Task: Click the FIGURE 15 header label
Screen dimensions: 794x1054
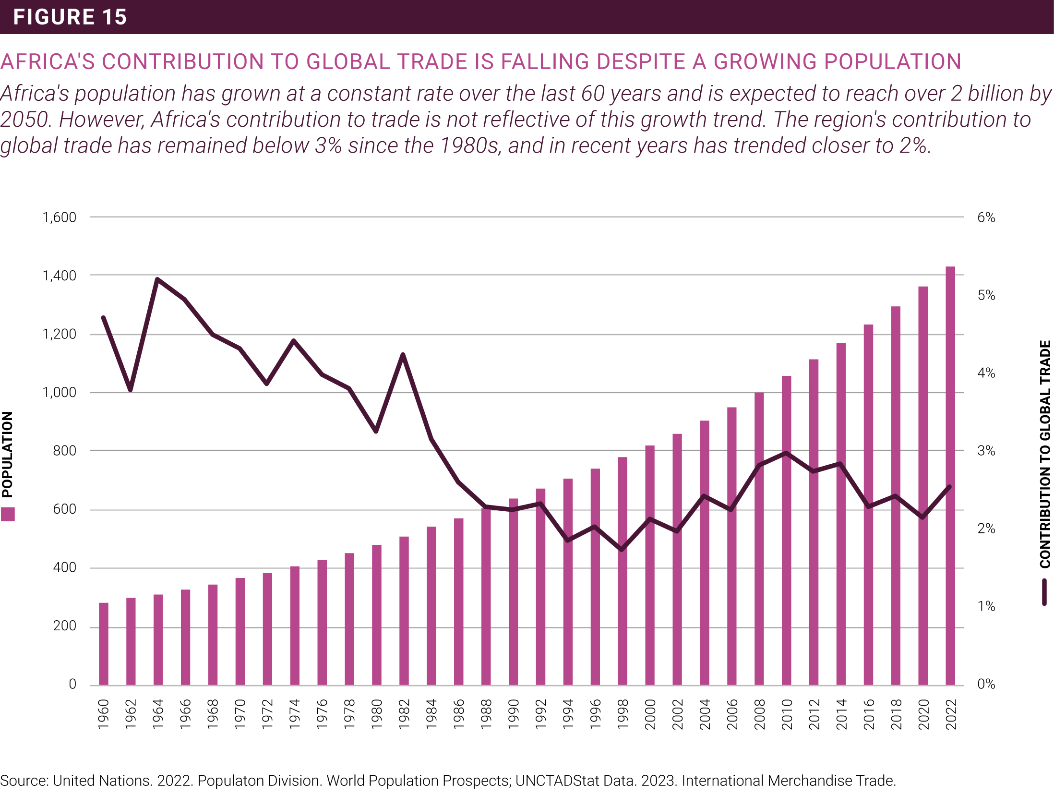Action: click(x=70, y=17)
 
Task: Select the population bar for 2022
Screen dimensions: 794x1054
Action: click(x=950, y=475)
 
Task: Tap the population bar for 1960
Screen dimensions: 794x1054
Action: click(x=104, y=643)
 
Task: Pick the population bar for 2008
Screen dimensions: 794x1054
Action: click(x=759, y=538)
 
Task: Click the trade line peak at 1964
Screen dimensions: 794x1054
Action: click(x=157, y=279)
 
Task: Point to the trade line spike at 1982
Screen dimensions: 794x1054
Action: click(x=403, y=355)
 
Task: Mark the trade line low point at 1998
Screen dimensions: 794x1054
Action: click(x=622, y=549)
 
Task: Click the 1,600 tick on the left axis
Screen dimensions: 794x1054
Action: click(x=60, y=217)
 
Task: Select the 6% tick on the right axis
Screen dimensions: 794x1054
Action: click(x=986, y=217)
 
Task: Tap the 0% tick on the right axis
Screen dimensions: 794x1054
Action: click(x=986, y=684)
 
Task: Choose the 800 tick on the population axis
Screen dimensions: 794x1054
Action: click(x=65, y=451)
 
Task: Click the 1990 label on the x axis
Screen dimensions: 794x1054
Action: click(x=514, y=714)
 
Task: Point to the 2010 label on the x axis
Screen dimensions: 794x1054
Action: click(x=787, y=714)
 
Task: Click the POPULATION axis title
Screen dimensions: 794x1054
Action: click(x=8, y=454)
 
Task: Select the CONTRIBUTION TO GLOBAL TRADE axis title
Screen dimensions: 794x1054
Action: click(x=1045, y=454)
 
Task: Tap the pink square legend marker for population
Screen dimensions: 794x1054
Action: click(x=8, y=514)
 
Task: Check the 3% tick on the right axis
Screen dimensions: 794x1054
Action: click(x=986, y=451)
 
